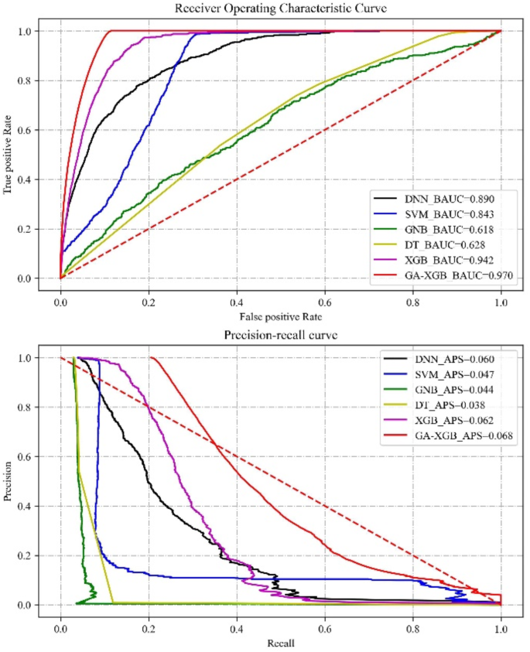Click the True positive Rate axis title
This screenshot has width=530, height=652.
[x=10, y=155]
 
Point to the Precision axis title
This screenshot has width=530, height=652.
[x=10, y=481]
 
